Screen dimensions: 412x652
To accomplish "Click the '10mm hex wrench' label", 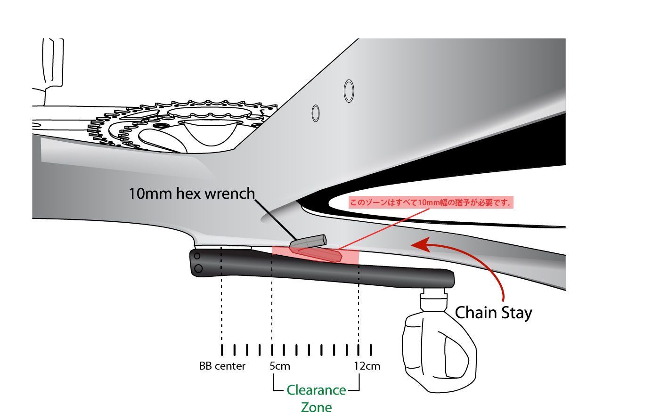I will [191, 194].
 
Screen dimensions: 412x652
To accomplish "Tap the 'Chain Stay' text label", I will [493, 313].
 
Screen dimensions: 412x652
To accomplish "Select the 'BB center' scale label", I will [222, 366].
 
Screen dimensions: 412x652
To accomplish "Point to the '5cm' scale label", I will [280, 366].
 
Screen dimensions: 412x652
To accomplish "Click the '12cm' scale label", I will [367, 366].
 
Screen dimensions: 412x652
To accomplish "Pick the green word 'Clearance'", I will [316, 390].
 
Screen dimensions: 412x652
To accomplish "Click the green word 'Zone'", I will [316, 406].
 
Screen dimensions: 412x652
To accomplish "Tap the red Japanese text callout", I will [431, 202].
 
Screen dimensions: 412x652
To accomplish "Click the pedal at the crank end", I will [438, 351].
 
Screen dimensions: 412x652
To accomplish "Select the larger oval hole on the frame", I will [349, 91].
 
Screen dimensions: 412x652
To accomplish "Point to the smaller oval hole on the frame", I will [316, 113].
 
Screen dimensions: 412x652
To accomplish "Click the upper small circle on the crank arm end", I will [197, 257].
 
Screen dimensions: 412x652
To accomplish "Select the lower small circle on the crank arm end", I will [198, 268].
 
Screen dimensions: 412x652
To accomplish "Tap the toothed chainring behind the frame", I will [122, 127].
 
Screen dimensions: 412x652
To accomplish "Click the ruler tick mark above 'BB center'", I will [222, 350].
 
